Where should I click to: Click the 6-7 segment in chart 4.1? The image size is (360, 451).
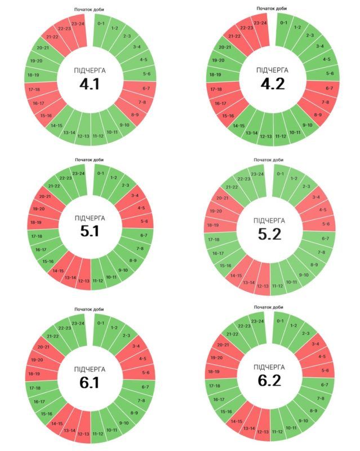146,89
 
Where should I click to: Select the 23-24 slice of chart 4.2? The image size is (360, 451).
260,23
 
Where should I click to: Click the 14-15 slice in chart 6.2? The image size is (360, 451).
236,421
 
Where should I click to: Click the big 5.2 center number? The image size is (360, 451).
269,233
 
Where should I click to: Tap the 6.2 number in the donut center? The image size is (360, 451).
269,381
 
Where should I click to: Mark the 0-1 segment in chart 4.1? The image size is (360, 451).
101,24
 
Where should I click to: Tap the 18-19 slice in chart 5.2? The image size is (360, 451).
212,225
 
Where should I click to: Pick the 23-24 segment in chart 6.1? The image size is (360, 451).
78,323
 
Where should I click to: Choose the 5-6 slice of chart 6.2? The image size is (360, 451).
325,370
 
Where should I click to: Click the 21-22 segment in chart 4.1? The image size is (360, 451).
52,37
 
